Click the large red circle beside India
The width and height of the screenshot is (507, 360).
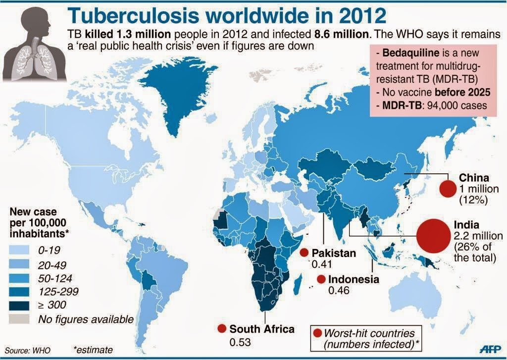(433, 236)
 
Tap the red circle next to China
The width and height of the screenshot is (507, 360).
(448, 189)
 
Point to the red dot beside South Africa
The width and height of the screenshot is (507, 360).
(221, 329)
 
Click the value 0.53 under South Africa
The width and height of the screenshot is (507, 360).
(239, 342)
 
